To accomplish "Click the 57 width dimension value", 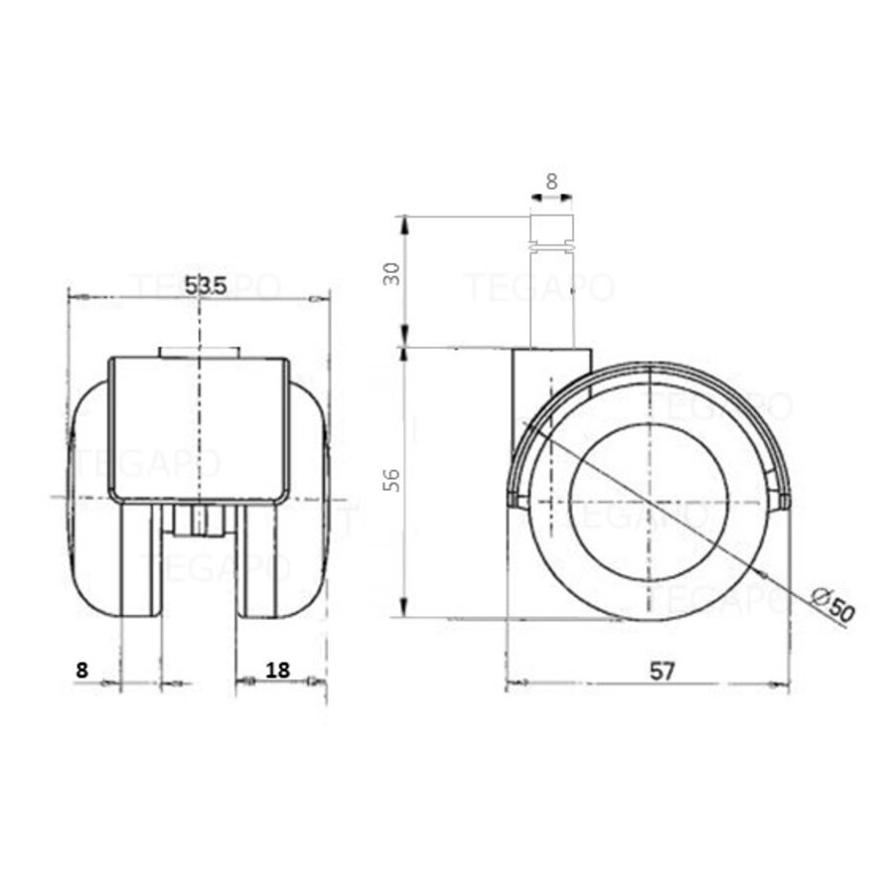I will pyautogui.click(x=664, y=670).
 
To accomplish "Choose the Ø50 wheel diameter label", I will pyautogui.click(x=831, y=605).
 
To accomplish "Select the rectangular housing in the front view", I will pyautogui.click(x=199, y=427).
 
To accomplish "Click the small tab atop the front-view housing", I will pyautogui.click(x=199, y=352).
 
